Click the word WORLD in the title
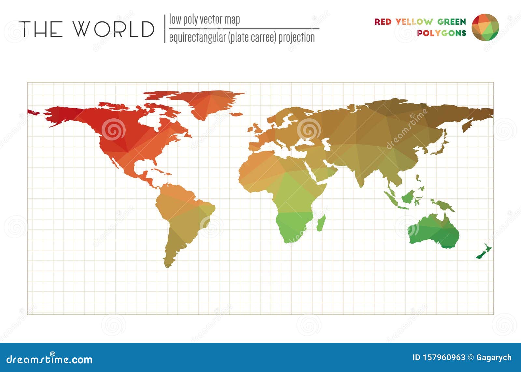pyautogui.click(x=113, y=29)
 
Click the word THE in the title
pyautogui.click(x=41, y=29)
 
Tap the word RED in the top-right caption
pyautogui.click(x=383, y=22)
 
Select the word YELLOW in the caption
pyautogui.click(x=414, y=22)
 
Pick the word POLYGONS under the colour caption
pyautogui.click(x=442, y=33)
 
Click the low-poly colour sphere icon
pyautogui.click(x=485, y=27)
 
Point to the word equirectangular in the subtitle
pyautogui.click(x=197, y=38)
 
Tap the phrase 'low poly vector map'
pyautogui.click(x=204, y=20)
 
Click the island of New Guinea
pyautogui.click(x=443, y=205)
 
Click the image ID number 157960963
pyautogui.click(x=439, y=358)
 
